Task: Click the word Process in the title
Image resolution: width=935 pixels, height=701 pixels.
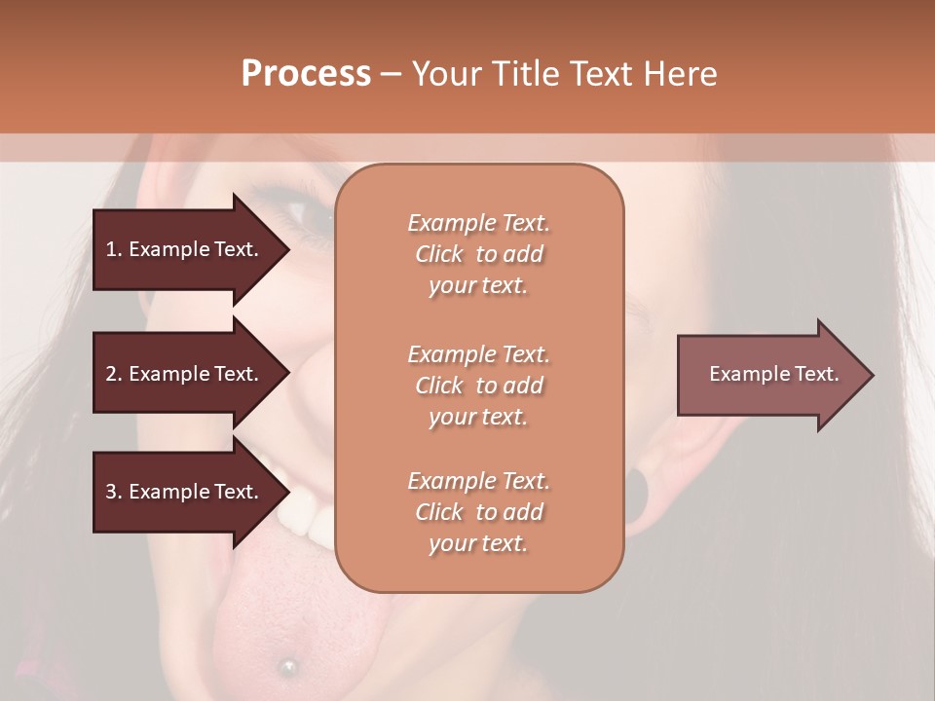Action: click(x=306, y=74)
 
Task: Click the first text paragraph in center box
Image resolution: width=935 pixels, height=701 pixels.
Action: click(x=478, y=254)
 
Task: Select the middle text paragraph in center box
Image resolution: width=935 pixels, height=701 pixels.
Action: click(x=478, y=386)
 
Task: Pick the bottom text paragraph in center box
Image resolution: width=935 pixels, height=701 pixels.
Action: click(x=478, y=512)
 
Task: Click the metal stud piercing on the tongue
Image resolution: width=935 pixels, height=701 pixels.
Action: click(x=287, y=666)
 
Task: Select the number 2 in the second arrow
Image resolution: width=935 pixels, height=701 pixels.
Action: click(x=111, y=374)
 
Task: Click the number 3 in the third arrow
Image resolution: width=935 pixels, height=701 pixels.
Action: click(x=111, y=492)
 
